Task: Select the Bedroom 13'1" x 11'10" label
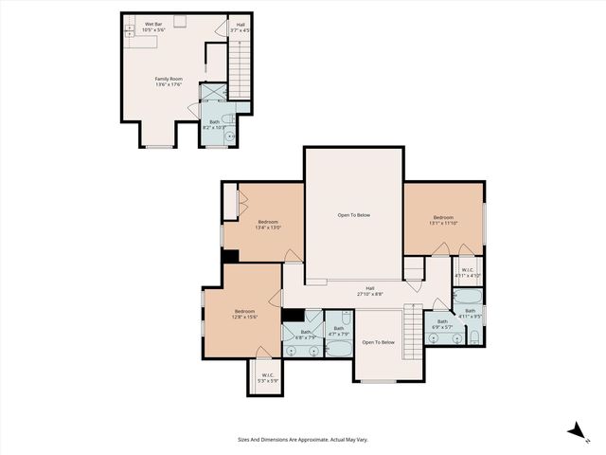(443, 221)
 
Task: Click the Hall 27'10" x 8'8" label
(370, 292)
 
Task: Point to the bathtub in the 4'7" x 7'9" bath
(339, 350)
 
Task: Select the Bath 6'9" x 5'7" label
(442, 324)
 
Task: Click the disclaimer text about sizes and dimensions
(302, 439)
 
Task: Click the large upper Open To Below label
(354, 215)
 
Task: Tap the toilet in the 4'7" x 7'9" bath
(338, 320)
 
